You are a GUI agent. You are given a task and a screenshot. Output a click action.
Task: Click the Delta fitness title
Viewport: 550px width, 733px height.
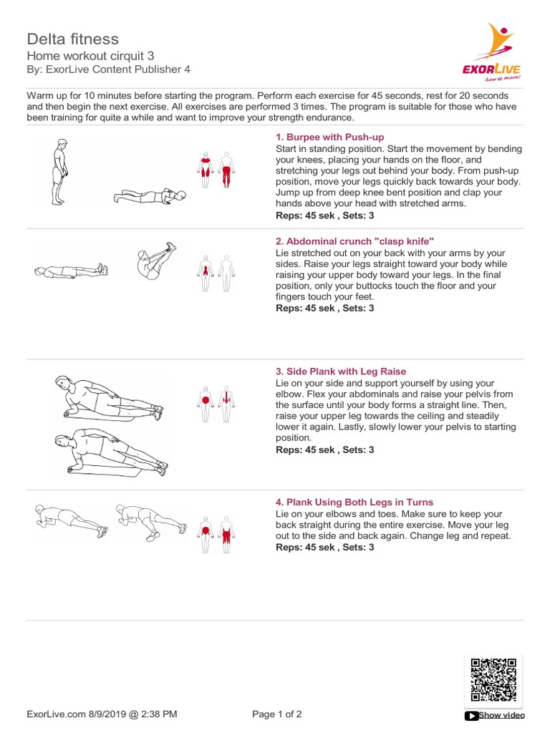tap(73, 39)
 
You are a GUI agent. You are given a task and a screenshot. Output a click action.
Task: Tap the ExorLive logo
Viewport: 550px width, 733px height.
tap(491, 52)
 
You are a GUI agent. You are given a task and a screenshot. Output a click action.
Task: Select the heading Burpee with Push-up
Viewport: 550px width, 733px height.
tap(329, 137)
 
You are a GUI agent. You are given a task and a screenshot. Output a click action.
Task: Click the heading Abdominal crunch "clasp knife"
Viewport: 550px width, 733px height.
tap(354, 241)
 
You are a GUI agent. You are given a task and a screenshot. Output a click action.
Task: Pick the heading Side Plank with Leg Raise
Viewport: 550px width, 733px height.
tap(340, 372)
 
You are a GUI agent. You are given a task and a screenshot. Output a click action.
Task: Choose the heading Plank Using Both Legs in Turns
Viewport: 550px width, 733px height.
tap(354, 502)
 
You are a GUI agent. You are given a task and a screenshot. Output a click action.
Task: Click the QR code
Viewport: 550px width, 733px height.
tap(493, 680)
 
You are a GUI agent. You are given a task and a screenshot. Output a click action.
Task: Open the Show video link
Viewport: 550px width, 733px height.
tap(501, 715)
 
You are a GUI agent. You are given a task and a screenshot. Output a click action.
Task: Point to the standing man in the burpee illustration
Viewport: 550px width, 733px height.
tap(60, 172)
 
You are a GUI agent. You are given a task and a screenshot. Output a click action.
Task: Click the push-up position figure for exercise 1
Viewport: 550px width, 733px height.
tap(150, 196)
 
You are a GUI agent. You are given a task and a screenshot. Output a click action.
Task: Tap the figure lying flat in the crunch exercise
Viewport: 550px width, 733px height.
tap(71, 271)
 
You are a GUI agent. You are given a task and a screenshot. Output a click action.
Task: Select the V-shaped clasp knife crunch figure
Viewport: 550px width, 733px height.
tap(156, 261)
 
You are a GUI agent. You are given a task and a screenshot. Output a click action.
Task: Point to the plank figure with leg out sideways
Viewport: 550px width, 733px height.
tap(151, 522)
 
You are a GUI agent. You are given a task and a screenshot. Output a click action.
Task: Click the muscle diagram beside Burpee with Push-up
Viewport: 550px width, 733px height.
tap(216, 170)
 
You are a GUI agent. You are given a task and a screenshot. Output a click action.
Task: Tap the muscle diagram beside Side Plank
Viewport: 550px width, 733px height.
tap(216, 404)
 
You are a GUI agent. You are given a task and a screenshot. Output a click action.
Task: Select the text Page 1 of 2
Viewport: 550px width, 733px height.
tap(277, 714)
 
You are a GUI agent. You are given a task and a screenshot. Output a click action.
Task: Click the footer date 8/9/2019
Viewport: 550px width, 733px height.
tap(103, 714)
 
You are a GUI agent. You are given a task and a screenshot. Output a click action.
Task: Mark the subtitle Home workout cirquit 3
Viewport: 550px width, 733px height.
tap(90, 56)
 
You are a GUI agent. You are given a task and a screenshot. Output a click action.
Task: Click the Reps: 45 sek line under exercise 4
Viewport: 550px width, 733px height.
tap(324, 547)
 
